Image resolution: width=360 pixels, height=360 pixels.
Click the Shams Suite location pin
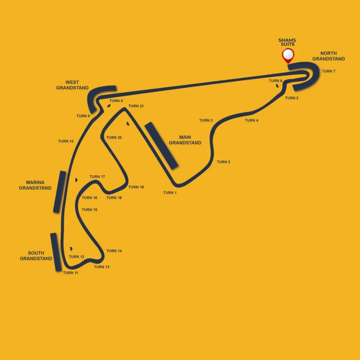click(x=288, y=55)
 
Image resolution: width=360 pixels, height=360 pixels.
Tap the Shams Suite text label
click(x=287, y=42)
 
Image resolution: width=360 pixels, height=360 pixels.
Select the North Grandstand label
click(x=329, y=56)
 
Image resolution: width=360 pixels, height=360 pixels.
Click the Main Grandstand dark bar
click(x=161, y=146)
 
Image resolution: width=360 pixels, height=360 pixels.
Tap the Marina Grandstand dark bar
click(x=59, y=192)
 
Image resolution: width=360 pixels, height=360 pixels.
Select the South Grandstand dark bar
click(x=56, y=252)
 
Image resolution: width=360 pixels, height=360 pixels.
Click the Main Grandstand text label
click(x=185, y=140)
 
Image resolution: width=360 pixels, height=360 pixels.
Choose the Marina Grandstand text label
click(x=35, y=185)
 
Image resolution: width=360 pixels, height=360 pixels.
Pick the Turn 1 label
click(x=170, y=193)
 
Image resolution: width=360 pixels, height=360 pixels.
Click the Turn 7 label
click(x=329, y=71)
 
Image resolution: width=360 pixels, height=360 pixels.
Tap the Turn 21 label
click(x=136, y=106)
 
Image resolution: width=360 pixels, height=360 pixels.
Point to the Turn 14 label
click(x=114, y=251)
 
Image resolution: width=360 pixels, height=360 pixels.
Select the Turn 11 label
click(x=71, y=273)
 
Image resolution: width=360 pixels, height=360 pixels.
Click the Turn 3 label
click(x=206, y=120)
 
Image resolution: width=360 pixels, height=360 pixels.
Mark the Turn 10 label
click(x=66, y=141)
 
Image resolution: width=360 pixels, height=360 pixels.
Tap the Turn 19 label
click(x=136, y=187)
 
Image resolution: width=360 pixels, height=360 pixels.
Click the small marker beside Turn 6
click(x=277, y=86)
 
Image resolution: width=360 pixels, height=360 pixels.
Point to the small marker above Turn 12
click(x=71, y=249)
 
